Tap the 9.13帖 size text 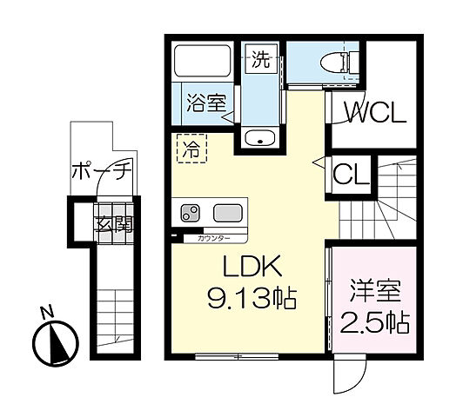(252, 300)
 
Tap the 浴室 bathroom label (205, 102)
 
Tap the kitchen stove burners (191, 211)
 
